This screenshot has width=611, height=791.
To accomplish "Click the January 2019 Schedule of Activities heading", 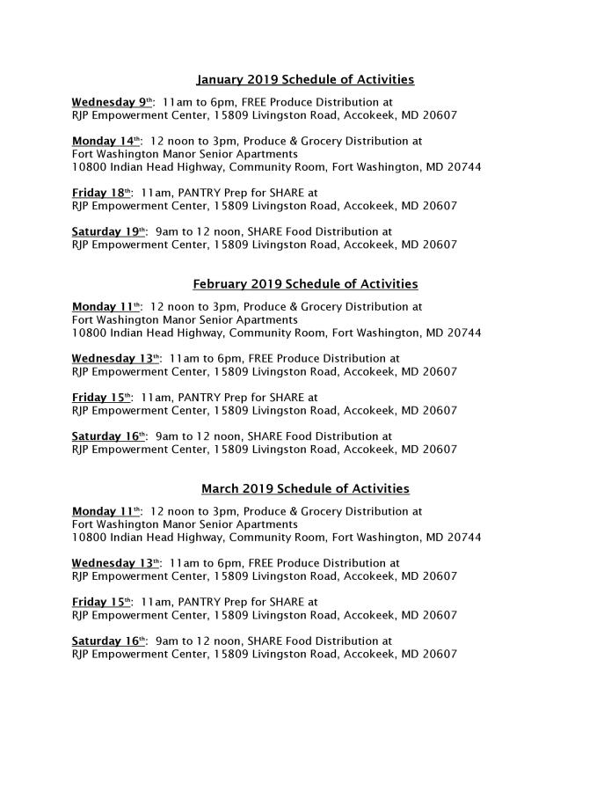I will tap(305, 80).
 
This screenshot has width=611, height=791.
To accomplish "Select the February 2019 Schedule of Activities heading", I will tap(305, 284).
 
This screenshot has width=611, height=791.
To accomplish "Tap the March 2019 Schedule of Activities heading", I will tap(305, 488).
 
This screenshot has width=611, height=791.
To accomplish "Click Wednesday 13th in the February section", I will tap(115, 359).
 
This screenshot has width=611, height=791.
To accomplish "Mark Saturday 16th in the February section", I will tap(109, 436).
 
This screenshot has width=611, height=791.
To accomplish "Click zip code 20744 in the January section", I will tap(463, 167).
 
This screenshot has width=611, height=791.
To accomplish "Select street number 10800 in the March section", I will tap(90, 538).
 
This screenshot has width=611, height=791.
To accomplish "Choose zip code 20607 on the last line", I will tap(439, 654).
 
